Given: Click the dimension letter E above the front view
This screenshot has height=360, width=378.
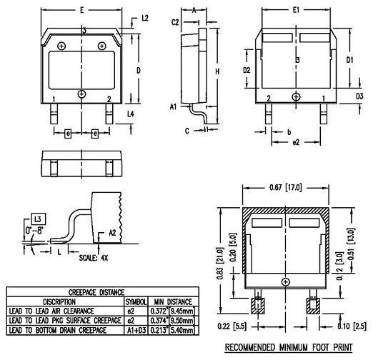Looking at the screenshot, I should pos(83,10).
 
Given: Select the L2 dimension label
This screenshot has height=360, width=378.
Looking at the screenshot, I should pos(146,18).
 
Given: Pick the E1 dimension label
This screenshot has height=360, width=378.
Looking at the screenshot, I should pos(296,10).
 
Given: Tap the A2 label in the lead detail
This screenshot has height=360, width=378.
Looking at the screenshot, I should pos(112,232).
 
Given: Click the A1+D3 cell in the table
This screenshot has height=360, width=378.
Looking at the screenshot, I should pos(136,331).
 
